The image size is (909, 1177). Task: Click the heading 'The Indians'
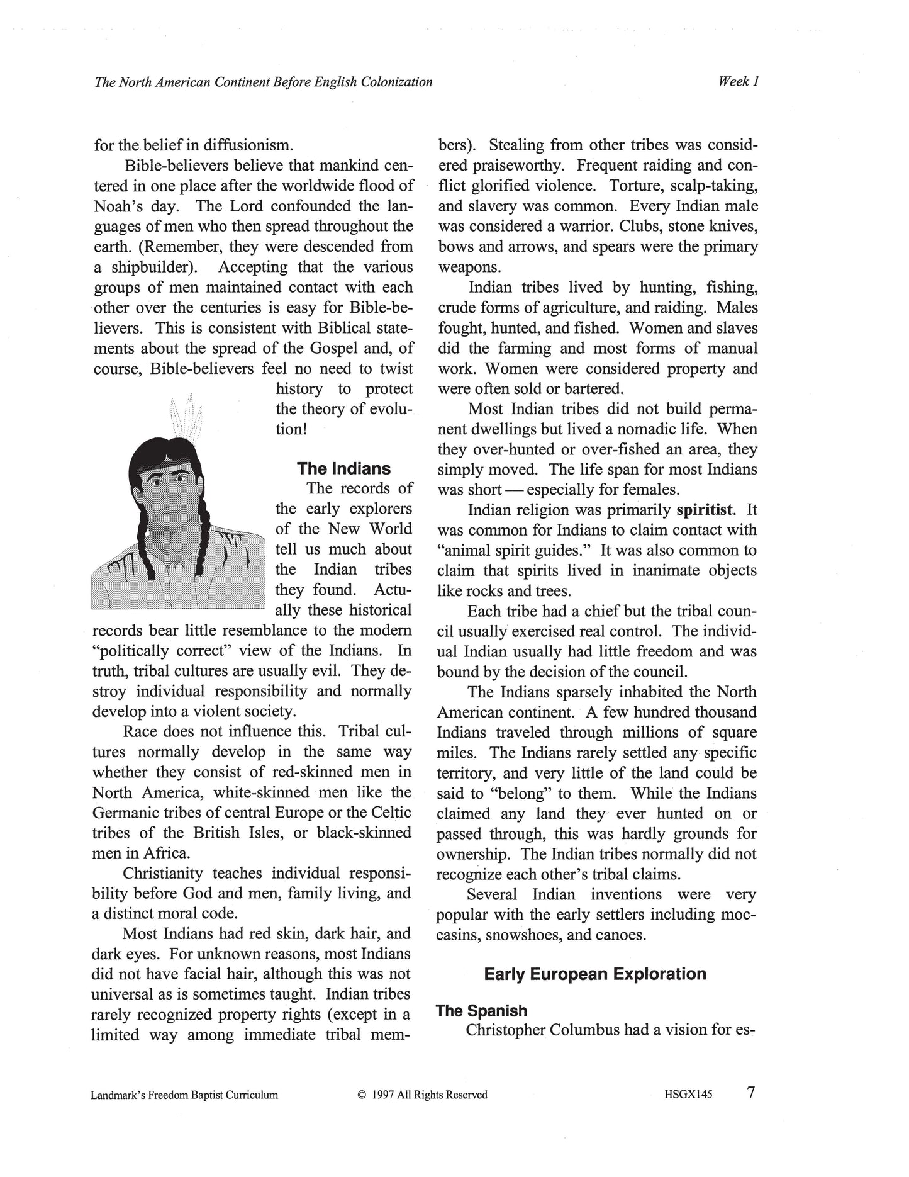343,468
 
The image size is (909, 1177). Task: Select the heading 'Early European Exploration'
594,974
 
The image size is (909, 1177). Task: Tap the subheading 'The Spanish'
481,1010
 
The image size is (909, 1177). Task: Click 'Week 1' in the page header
739,81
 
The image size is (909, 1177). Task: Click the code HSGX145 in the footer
688,1095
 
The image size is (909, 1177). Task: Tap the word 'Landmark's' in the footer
117,1095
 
